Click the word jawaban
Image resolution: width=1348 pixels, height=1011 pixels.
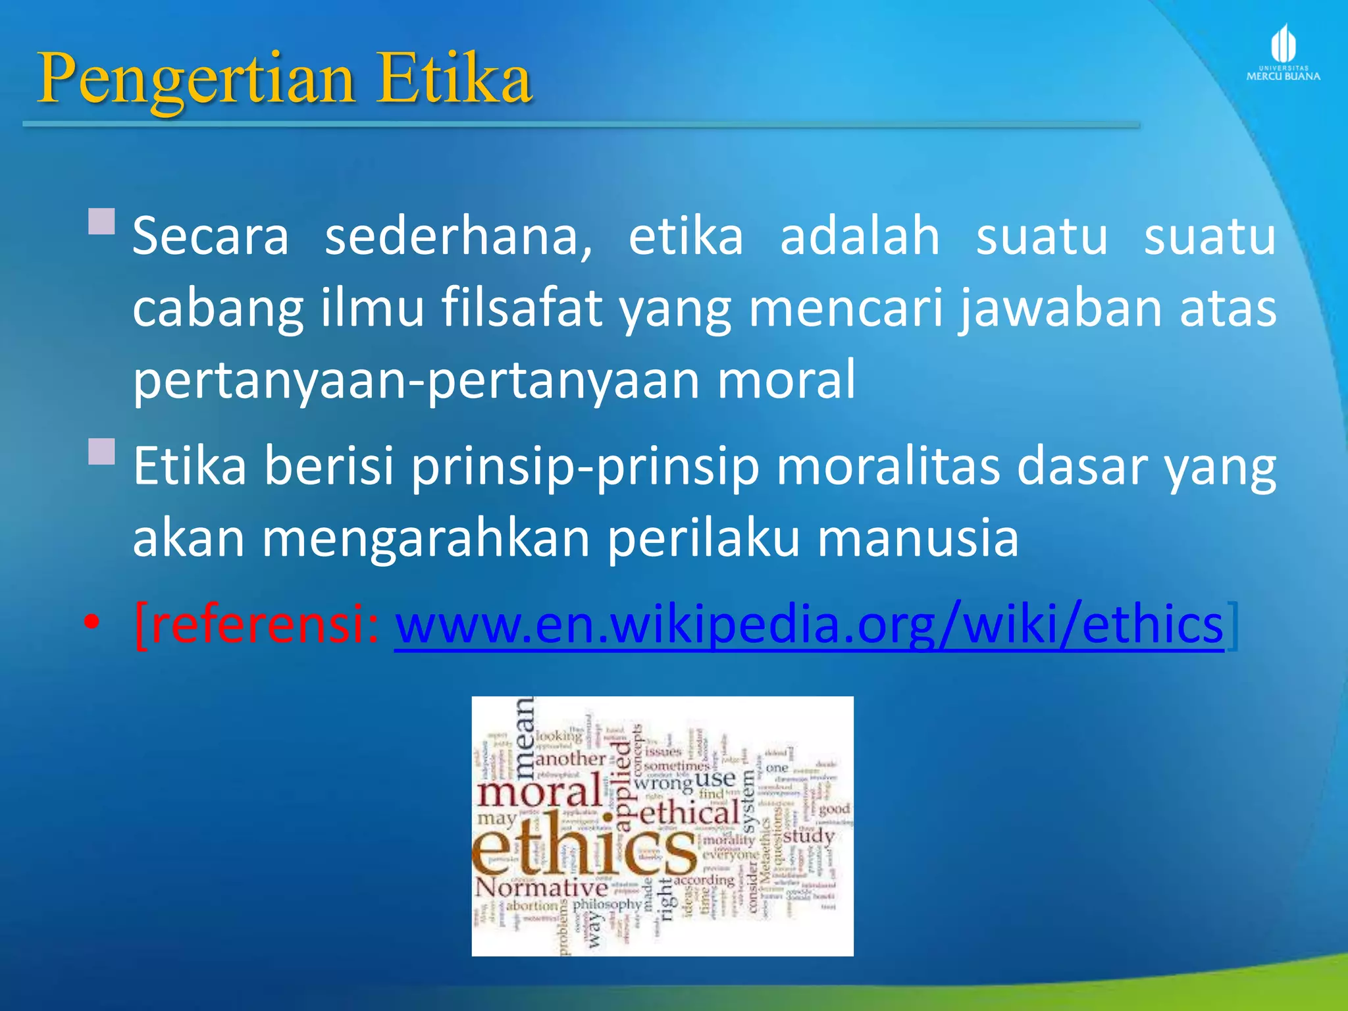(1061, 308)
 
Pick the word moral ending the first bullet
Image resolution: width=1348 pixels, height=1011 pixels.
(786, 380)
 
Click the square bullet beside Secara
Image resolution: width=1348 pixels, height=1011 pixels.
(102, 222)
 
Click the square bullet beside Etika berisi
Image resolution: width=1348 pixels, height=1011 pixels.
(102, 452)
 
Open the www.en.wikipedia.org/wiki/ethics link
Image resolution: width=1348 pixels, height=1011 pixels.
(809, 625)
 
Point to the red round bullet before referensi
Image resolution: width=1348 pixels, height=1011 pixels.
(92, 622)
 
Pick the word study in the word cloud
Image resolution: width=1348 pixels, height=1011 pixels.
(808, 837)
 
